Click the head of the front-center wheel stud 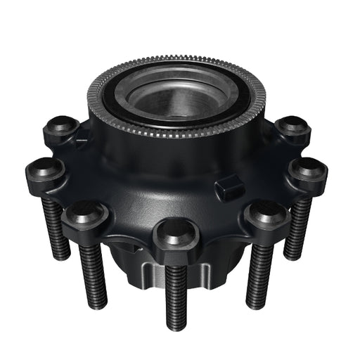click(x=172, y=232)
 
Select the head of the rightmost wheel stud click(x=307, y=169)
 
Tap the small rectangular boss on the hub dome click(x=228, y=186)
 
